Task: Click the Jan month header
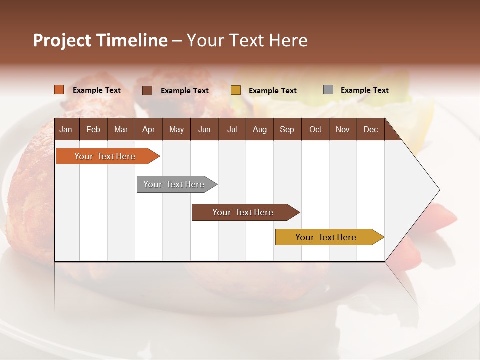[x=66, y=129]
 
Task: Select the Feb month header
[x=93, y=129]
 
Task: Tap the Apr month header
[x=148, y=129]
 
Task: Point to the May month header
[x=176, y=129]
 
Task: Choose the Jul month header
[x=232, y=129]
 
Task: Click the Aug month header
[x=259, y=129]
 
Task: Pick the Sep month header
[x=287, y=129]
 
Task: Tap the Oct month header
[x=315, y=129]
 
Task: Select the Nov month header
[x=343, y=129]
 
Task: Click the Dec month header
[x=370, y=129]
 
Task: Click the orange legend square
[x=59, y=90]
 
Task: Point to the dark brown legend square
[x=147, y=90]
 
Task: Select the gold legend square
[x=236, y=90]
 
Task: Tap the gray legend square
[x=328, y=90]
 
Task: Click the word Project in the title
[x=62, y=40]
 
